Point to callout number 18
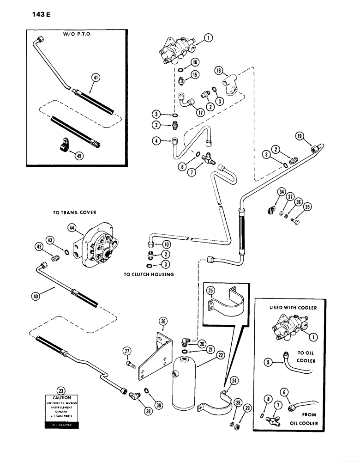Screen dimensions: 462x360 [x=220, y=71]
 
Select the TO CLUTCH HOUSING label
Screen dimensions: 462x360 [x=149, y=274]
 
